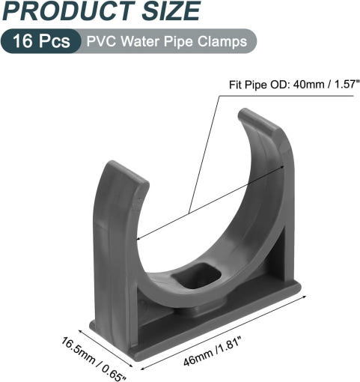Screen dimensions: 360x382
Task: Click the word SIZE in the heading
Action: click(171, 11)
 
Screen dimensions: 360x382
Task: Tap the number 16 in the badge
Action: click(22, 41)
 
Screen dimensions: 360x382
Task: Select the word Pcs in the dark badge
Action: click(54, 41)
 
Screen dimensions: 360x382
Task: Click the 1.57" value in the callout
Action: click(346, 84)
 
